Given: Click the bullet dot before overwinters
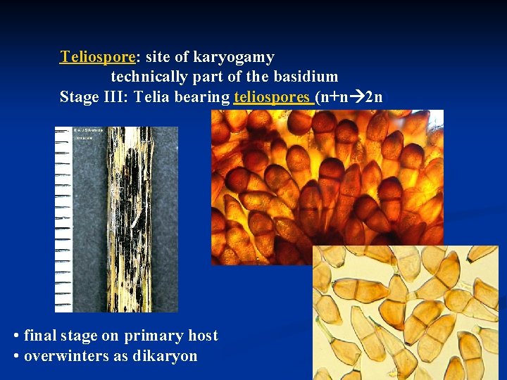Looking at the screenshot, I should click(x=16, y=355).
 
